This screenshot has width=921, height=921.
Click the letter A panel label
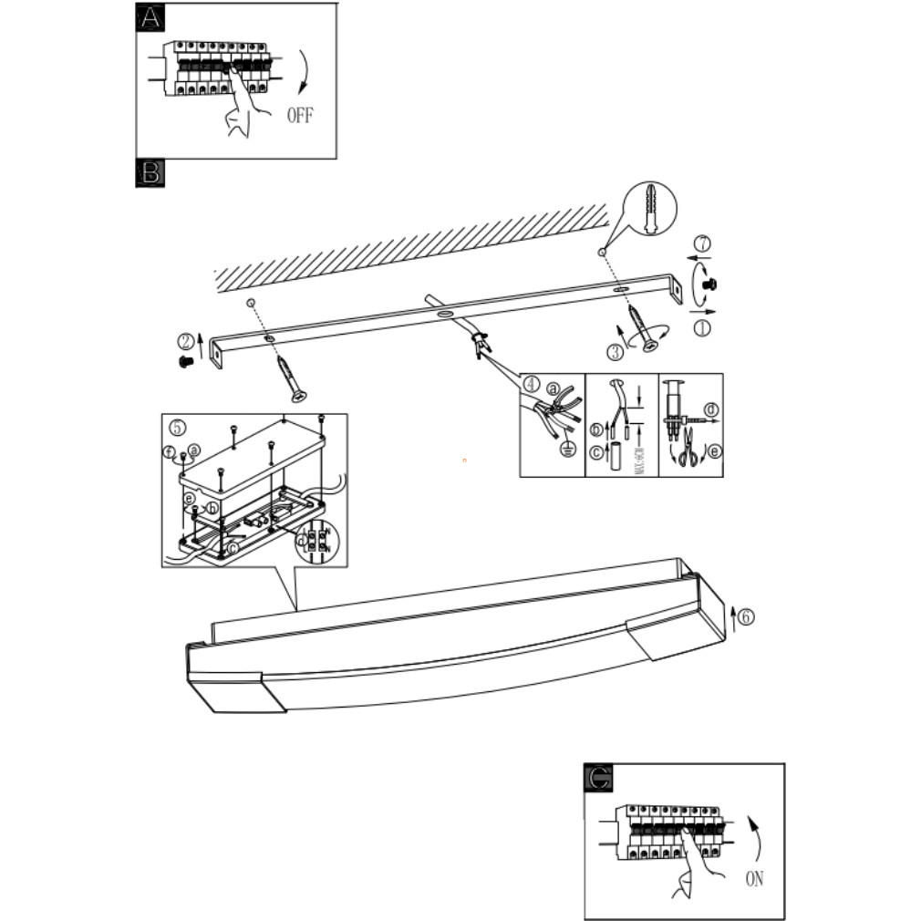(150, 17)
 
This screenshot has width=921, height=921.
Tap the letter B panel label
(150, 173)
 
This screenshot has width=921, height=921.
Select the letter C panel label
(598, 777)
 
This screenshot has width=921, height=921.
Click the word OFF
(300, 116)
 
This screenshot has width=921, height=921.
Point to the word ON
(754, 879)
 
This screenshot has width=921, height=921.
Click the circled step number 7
(702, 243)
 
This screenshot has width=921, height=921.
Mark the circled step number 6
(746, 617)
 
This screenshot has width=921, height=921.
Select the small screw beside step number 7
(710, 285)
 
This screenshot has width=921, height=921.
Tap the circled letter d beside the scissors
(711, 409)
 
